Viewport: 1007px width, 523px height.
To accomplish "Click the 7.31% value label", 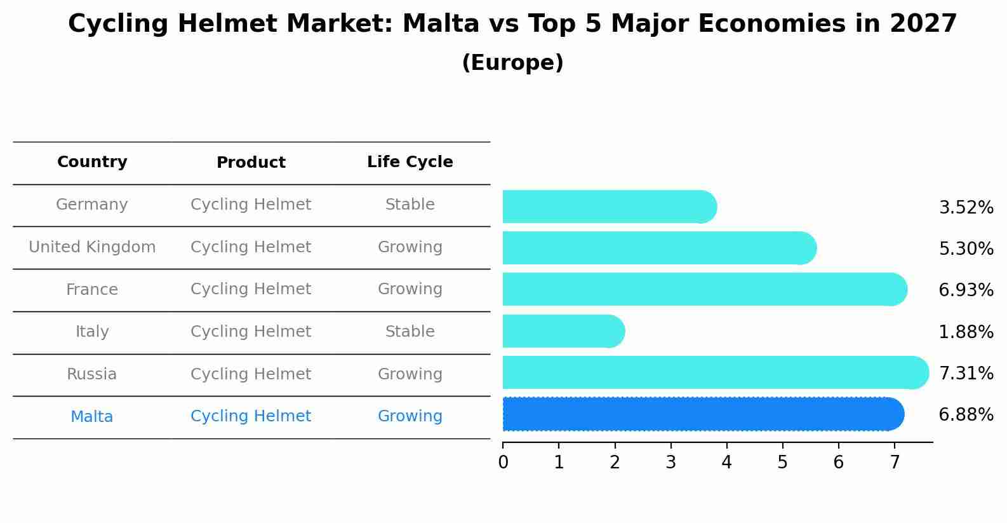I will (x=966, y=373).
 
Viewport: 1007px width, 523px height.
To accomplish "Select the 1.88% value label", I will (x=966, y=332).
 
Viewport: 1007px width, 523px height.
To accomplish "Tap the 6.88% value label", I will (x=966, y=415).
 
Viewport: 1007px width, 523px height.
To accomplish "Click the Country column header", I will (x=92, y=162).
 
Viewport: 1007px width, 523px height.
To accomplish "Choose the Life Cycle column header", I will (x=410, y=162).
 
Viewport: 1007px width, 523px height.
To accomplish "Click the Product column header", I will (x=251, y=163).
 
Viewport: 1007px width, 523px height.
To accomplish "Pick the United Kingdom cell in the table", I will (x=92, y=247).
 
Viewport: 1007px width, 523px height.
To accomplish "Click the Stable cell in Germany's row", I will (x=410, y=205).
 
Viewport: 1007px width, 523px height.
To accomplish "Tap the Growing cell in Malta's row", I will (x=410, y=416).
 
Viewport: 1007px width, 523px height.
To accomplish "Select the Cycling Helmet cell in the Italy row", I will (x=251, y=332).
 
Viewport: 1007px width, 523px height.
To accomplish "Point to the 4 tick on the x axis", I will (x=726, y=462).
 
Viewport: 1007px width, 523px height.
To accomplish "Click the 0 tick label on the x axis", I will (x=503, y=462).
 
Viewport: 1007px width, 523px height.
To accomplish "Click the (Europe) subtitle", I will (x=512, y=63).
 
